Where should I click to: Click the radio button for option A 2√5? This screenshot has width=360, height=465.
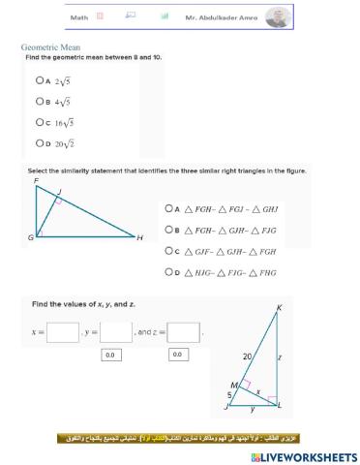point(37,81)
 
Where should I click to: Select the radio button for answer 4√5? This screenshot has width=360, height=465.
point(37,101)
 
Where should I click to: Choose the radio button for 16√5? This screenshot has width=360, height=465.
point(37,122)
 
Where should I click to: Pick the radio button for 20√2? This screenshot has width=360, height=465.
point(37,143)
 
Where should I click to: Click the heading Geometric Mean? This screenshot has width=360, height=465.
point(50,47)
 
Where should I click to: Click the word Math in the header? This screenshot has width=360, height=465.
point(77,17)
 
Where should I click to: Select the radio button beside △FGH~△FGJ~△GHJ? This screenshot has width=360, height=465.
point(168,207)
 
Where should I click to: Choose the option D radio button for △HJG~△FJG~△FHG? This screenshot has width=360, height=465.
point(168,273)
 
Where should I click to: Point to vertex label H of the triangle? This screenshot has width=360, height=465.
point(139,237)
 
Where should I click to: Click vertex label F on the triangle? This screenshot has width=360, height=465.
point(36,181)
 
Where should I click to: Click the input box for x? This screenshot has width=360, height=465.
point(63,332)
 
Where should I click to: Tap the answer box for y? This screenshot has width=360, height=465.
point(116,332)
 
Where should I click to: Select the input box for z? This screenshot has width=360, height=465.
point(184,332)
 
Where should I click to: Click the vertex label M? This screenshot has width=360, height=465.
point(233,385)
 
